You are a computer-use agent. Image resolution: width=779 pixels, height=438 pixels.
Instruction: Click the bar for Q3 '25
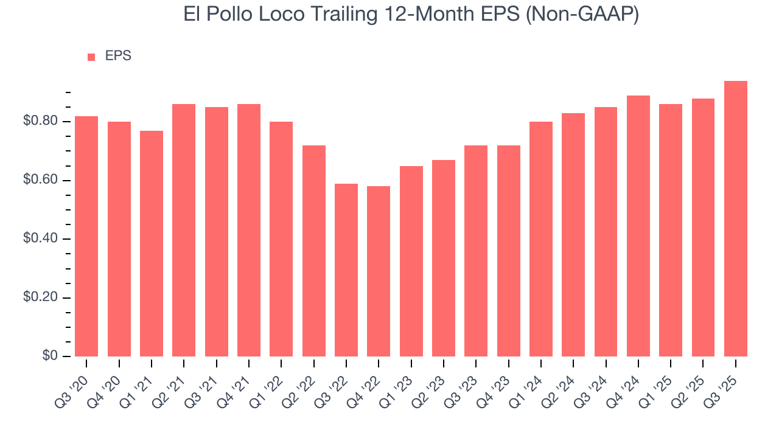click(x=735, y=219)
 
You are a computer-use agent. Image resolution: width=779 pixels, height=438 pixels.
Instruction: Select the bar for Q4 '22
click(x=379, y=271)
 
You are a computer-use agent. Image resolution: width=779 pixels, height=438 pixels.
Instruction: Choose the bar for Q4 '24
click(x=638, y=226)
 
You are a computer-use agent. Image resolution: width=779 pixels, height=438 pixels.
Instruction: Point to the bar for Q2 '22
click(x=313, y=251)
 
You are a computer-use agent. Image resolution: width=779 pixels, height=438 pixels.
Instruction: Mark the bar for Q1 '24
click(x=541, y=239)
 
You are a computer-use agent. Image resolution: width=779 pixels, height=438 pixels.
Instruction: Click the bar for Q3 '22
click(x=346, y=270)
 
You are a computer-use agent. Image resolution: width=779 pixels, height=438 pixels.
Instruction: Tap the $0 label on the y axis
click(x=50, y=356)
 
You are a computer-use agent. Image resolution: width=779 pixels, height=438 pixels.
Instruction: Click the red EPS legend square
click(x=91, y=57)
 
